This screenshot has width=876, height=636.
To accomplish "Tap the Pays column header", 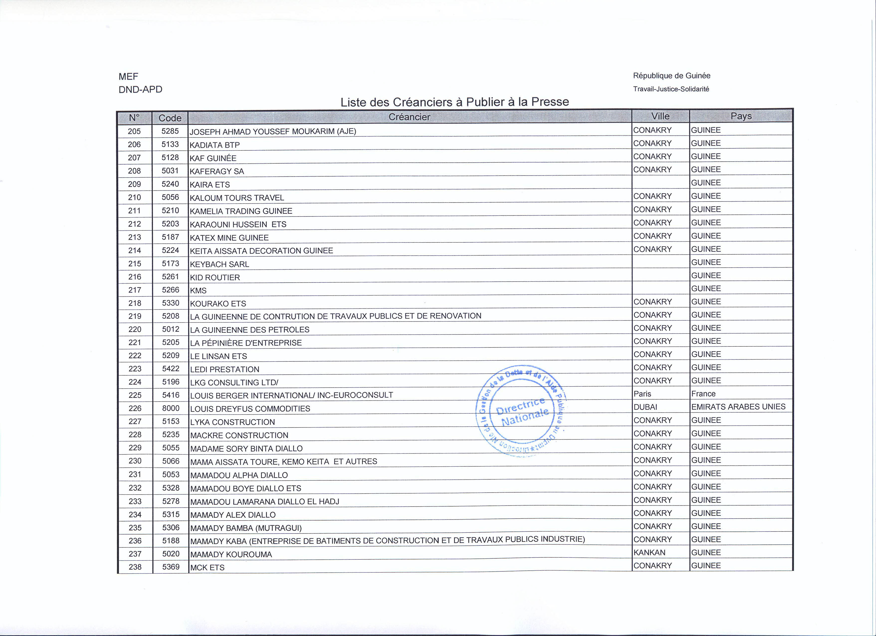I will pyautogui.click(x=741, y=116).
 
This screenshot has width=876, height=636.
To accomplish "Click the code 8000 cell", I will pyautogui.click(x=171, y=408).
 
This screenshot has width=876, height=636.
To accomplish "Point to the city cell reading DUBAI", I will pyautogui.click(x=645, y=407).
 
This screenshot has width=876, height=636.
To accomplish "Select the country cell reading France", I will pyautogui.click(x=703, y=394).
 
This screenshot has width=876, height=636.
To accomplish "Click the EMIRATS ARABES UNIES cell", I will pyautogui.click(x=738, y=407).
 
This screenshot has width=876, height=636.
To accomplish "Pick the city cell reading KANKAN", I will pyautogui.click(x=649, y=552).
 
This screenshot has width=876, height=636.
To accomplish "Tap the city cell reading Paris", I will pyautogui.click(x=642, y=394).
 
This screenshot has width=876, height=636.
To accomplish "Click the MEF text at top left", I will pyautogui.click(x=128, y=77).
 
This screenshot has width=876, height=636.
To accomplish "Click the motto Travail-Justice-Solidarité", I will pyautogui.click(x=671, y=89).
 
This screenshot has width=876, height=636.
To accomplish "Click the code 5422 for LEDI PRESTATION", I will pyautogui.click(x=171, y=369).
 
